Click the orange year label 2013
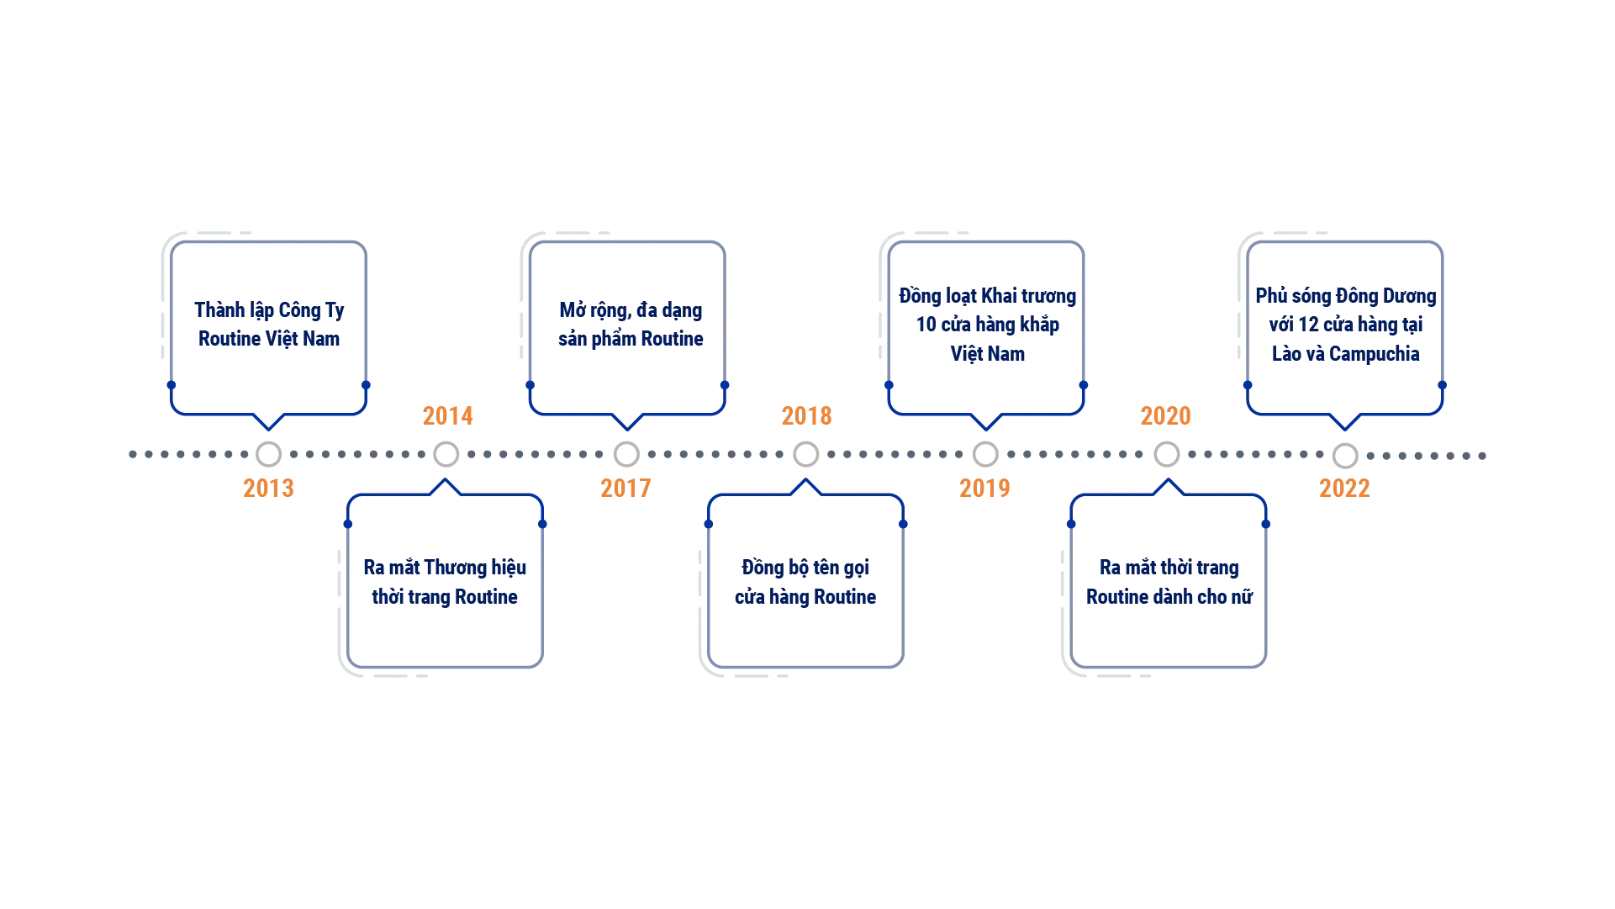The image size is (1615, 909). tap(269, 488)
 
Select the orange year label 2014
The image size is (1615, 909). tap(447, 416)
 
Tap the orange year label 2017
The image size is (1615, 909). tap(625, 488)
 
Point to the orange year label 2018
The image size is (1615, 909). tap(807, 416)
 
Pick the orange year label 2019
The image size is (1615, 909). tap(984, 488)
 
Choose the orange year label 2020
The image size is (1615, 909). tap(1164, 416)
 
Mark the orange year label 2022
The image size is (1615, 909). tap(1344, 488)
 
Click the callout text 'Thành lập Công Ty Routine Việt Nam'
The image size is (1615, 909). tap(269, 325)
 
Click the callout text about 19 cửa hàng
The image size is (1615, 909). tap(987, 325)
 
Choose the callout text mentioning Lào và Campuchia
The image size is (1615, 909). tap(1346, 325)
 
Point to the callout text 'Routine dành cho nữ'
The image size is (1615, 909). tap(1169, 583)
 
